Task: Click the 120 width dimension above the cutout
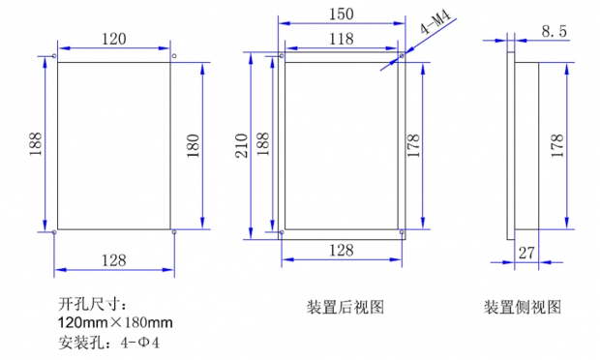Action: (x=113, y=39)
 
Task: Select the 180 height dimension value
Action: (x=194, y=146)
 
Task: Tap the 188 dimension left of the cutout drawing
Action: (x=36, y=144)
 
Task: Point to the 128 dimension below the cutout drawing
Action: (x=113, y=260)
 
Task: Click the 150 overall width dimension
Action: (x=342, y=15)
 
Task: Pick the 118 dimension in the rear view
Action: (x=342, y=39)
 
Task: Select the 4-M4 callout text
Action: (x=435, y=22)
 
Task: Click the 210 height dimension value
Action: (x=241, y=146)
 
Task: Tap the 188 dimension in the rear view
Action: (x=263, y=144)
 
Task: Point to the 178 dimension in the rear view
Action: (x=413, y=146)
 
